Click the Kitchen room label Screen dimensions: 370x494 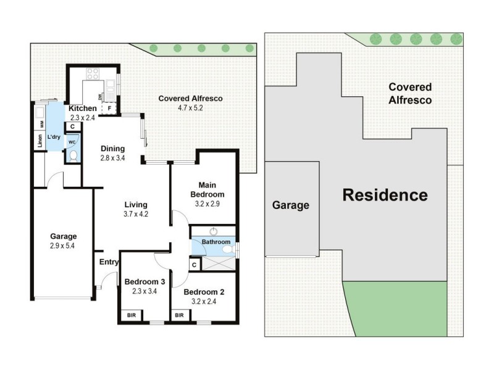[83, 109]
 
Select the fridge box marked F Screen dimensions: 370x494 [109, 109]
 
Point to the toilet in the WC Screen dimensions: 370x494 [73, 155]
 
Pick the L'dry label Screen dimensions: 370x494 [54, 137]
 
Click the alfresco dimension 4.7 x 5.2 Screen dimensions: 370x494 [190, 108]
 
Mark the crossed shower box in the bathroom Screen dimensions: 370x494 [216, 263]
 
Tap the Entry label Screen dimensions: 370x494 [109, 262]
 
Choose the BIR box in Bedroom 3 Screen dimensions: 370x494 [132, 315]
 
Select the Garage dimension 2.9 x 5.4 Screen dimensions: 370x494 [64, 245]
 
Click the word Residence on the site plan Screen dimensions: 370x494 [385, 195]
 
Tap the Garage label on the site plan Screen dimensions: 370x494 [291, 205]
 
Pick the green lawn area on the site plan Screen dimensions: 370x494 [395, 308]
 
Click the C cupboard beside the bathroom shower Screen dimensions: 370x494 [194, 265]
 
